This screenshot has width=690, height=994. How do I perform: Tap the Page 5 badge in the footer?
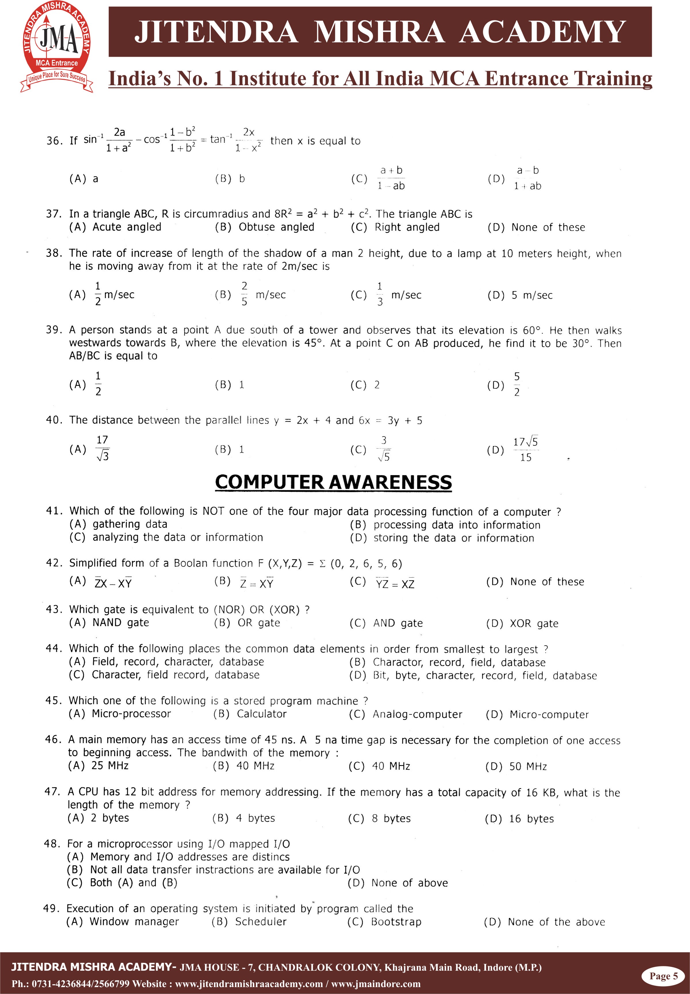(664, 976)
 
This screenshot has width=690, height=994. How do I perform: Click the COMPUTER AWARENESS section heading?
(333, 482)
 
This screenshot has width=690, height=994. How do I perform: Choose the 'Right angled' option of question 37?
(406, 227)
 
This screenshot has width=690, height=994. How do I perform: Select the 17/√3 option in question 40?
(102, 449)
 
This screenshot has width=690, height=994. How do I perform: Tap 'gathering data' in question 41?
(130, 524)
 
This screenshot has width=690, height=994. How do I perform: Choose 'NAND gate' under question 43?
(121, 623)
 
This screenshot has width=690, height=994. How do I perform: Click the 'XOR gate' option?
(534, 624)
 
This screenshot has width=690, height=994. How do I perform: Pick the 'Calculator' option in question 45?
(261, 714)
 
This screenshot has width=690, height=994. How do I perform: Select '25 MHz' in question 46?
(110, 766)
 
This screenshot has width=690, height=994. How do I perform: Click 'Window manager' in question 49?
(134, 922)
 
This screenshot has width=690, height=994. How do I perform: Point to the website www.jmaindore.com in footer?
(376, 984)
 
